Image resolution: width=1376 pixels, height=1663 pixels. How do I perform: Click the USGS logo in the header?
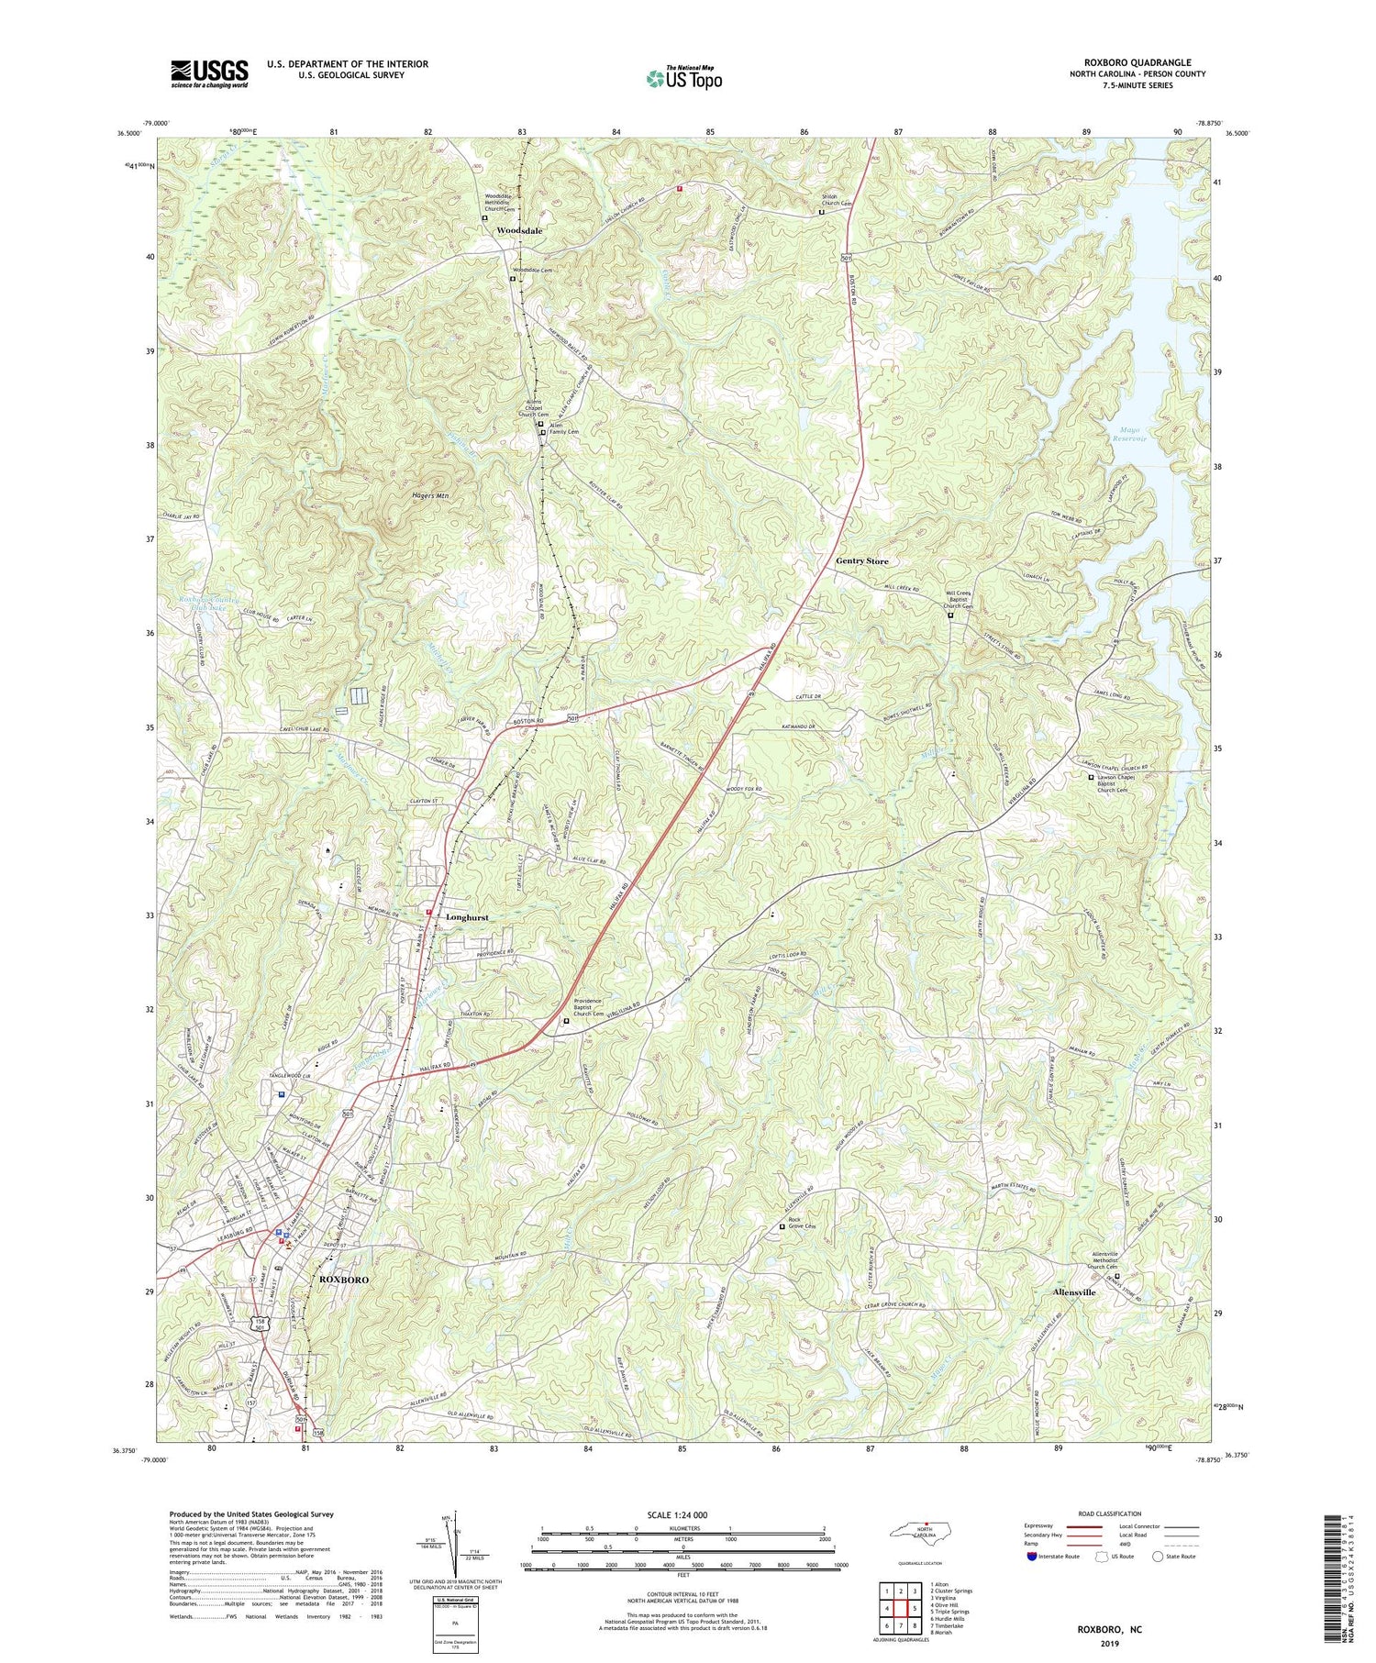[208, 73]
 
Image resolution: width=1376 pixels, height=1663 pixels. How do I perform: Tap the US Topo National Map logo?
[683, 78]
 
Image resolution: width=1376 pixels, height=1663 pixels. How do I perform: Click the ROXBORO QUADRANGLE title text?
[1137, 62]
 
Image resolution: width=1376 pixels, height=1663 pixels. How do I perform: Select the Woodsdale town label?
[519, 231]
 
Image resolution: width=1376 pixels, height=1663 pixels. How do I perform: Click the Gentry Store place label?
[861, 560]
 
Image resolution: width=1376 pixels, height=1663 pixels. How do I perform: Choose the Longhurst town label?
[467, 916]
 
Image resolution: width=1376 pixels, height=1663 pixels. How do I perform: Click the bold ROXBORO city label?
[348, 1279]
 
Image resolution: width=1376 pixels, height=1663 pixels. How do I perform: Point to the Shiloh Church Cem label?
[836, 199]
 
